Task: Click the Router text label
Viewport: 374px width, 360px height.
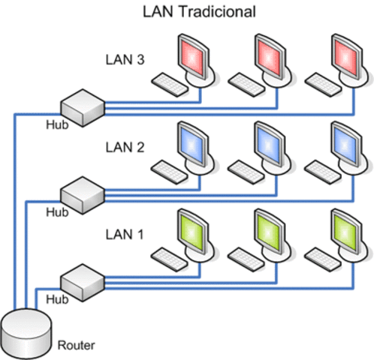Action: point(77,346)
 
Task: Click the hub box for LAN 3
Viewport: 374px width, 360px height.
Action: point(82,105)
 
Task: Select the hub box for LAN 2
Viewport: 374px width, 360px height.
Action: point(82,193)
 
